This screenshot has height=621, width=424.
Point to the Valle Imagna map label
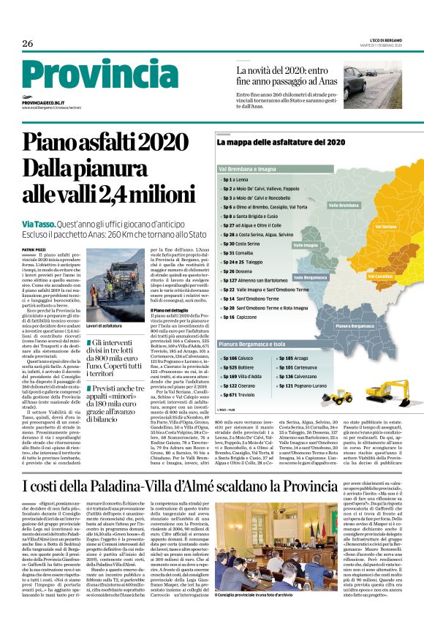point(306,245)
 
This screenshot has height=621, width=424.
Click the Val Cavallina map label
point(381,277)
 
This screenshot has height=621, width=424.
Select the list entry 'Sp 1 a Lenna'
point(238,179)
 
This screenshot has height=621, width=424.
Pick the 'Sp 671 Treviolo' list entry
point(238,394)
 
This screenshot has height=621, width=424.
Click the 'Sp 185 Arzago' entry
point(292,358)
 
